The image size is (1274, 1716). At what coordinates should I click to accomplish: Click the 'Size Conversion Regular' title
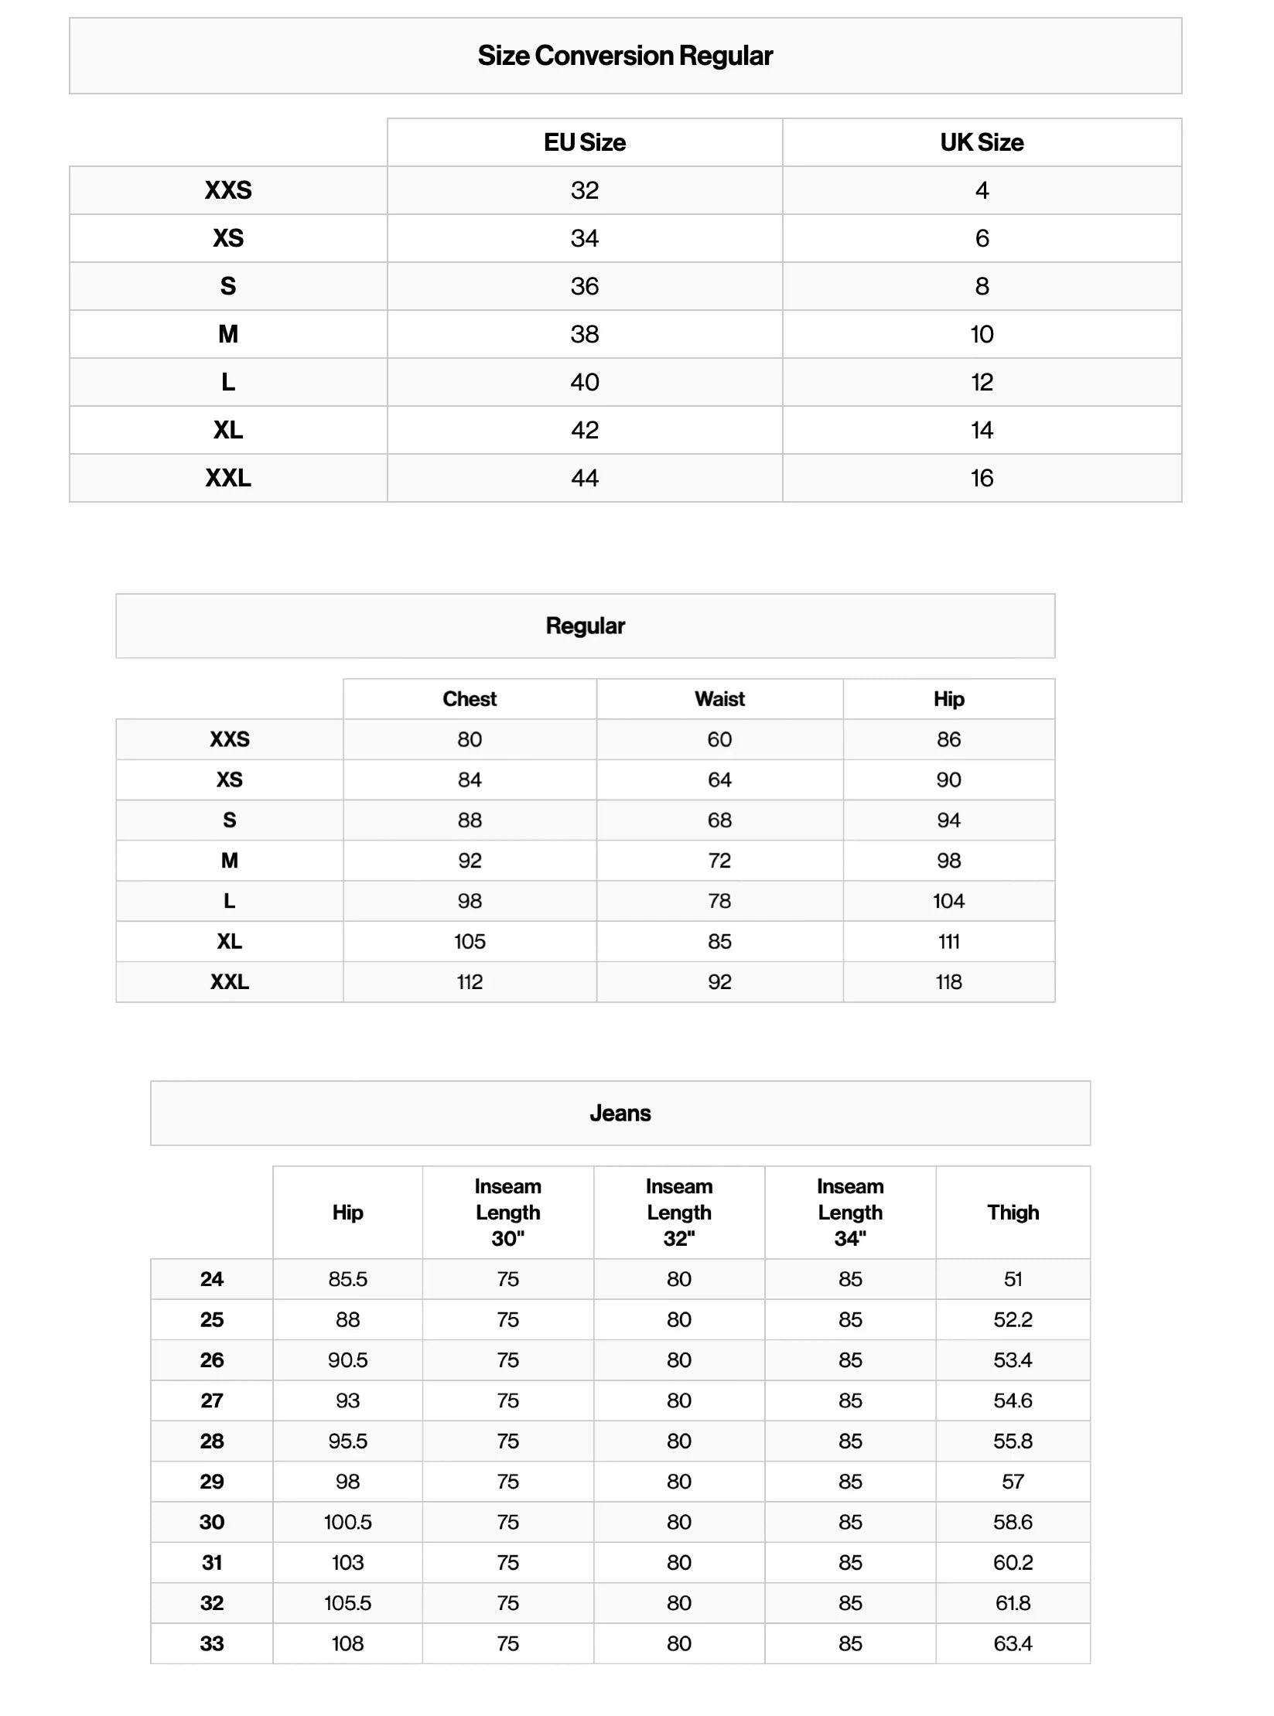[x=625, y=56]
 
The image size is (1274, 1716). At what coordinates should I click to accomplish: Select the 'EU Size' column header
[x=585, y=142]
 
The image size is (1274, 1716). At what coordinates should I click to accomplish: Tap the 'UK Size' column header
[x=982, y=142]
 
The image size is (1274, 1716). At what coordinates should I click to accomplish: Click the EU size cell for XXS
[x=585, y=190]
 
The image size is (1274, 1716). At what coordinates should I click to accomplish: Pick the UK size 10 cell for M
[x=982, y=334]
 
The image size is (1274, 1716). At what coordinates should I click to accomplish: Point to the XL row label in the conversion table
[x=228, y=430]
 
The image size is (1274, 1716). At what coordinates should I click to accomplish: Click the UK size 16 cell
[x=982, y=478]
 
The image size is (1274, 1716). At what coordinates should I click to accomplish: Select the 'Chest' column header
[x=470, y=699]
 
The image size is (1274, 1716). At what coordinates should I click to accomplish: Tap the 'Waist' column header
[x=719, y=699]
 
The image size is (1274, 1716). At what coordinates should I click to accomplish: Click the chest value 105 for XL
[x=470, y=941]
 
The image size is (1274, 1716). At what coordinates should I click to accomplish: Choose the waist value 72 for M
[x=719, y=861]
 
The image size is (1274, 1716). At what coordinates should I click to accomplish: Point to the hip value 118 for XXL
[x=948, y=982]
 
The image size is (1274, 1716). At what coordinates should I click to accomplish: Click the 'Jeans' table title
[x=620, y=1113]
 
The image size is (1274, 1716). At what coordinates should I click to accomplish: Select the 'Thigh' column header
[x=1013, y=1213]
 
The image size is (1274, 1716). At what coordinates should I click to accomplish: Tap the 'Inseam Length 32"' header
[x=679, y=1213]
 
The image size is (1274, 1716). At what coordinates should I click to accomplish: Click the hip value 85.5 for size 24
[x=347, y=1279]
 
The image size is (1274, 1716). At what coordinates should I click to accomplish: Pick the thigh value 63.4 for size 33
[x=1013, y=1643]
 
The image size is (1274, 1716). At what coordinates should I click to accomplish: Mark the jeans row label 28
[x=212, y=1441]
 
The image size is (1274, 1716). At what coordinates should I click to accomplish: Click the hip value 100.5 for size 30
[x=347, y=1522]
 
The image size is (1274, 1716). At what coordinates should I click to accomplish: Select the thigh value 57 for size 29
[x=1013, y=1482]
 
